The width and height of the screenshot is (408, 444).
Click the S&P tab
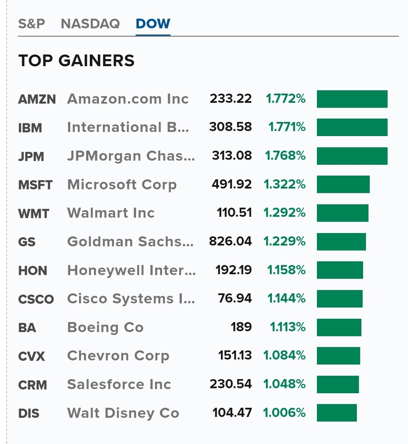pos(31,24)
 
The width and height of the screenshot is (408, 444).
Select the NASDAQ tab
pos(90,24)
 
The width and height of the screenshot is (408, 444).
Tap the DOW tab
pos(153,24)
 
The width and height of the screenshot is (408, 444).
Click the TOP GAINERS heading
pos(76,61)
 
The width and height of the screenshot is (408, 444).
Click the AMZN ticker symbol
pos(37,99)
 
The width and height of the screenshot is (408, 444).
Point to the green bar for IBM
pos(352,127)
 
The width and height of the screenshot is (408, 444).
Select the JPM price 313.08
pos(231,156)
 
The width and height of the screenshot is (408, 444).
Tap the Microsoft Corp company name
pos(121,185)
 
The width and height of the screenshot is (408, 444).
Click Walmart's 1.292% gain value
pos(284,213)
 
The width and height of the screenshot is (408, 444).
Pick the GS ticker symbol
pos(27,242)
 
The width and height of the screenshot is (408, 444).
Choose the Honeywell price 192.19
pos(233,270)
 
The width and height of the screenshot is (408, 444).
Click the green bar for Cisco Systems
pos(340,299)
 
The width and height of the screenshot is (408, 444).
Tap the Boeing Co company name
pos(105,327)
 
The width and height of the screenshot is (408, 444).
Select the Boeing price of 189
pos(241,327)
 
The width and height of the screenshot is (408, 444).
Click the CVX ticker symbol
pos(31,356)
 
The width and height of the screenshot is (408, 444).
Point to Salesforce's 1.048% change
pos(284,385)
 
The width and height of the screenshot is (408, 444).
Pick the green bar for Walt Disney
pos(336,413)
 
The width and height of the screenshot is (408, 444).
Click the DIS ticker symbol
pos(29,414)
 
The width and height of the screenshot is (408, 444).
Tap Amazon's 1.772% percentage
pos(285,99)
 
